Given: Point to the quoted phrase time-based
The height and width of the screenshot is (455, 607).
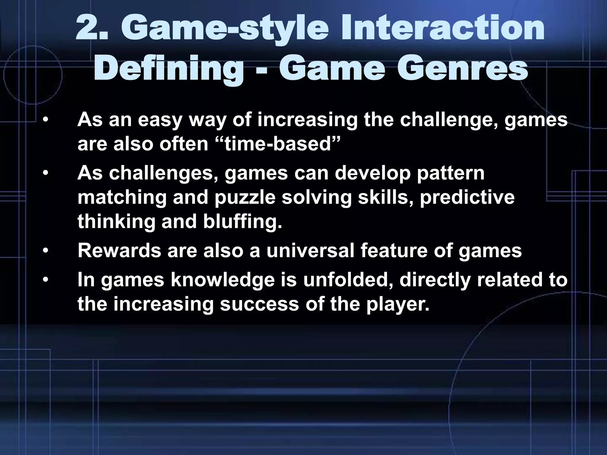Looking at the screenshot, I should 277,144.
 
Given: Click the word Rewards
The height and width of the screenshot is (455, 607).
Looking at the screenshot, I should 119,251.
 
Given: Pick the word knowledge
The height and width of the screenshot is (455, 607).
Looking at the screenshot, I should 223,280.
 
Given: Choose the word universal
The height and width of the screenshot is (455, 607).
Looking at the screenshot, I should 310,251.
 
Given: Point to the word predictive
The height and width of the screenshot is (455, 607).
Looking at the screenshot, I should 467,198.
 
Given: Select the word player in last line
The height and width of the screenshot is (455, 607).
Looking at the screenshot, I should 397,304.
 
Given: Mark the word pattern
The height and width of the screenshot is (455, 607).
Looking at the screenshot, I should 451,173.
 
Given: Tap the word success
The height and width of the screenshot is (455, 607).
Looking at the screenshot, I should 259,304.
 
